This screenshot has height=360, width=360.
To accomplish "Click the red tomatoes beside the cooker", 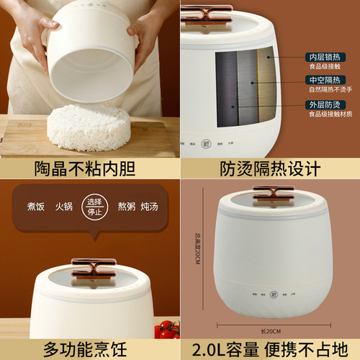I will pyautogui.click(x=168, y=330).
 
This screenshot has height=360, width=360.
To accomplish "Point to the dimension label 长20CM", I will pyautogui.click(x=270, y=330).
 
